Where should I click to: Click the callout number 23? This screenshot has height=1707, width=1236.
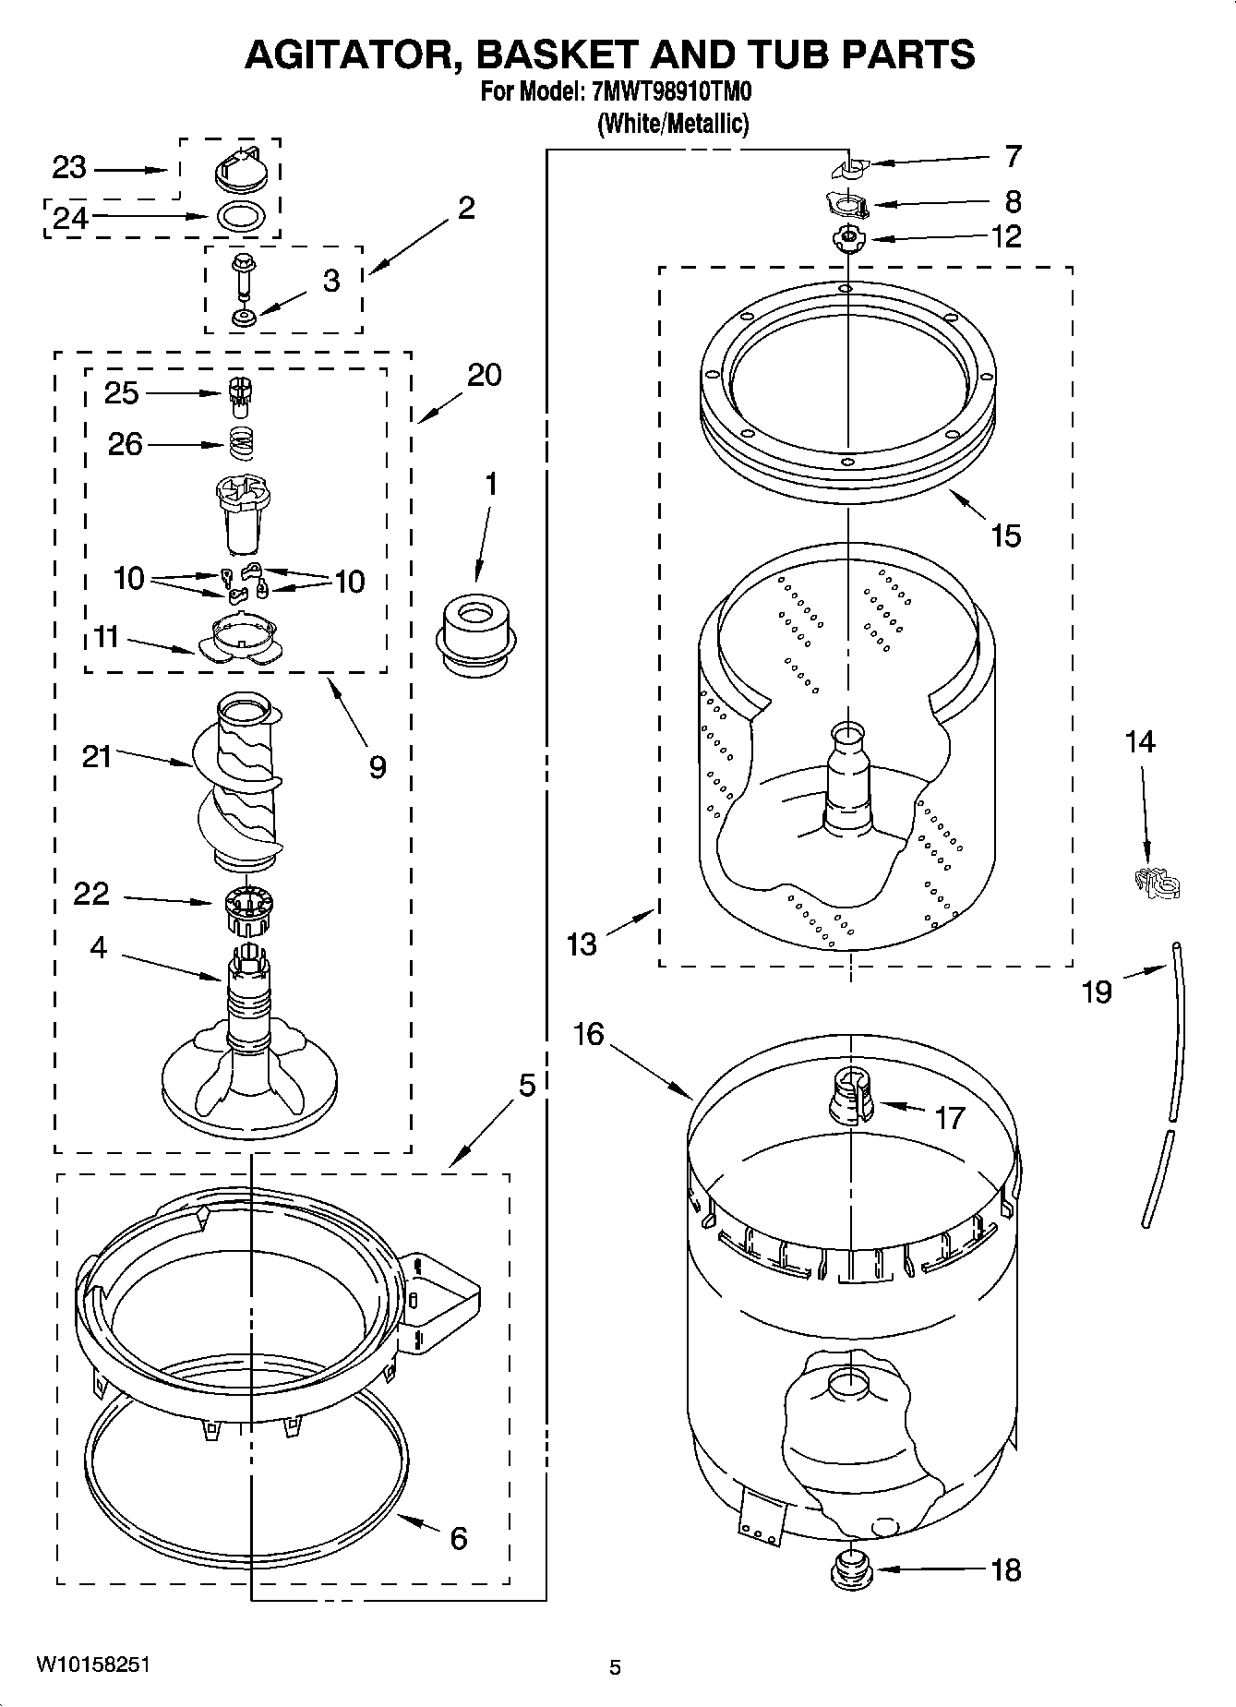(x=68, y=168)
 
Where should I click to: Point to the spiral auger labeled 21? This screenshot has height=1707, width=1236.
(x=238, y=785)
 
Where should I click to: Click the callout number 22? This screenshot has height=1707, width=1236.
(x=91, y=894)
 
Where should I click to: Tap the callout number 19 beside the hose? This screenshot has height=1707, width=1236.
(x=1097, y=992)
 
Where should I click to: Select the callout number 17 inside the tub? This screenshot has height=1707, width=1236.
(x=949, y=1118)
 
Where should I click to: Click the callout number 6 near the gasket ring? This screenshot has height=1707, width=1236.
(x=458, y=1537)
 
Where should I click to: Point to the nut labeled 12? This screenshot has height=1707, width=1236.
(x=845, y=238)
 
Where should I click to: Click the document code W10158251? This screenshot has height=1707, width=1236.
(x=92, y=1665)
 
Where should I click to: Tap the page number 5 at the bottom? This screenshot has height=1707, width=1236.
(x=615, y=1666)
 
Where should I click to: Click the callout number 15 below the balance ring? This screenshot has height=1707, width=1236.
(x=1005, y=535)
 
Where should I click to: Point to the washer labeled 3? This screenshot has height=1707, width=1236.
(x=245, y=319)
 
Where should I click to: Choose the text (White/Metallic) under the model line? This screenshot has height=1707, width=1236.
(x=672, y=123)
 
